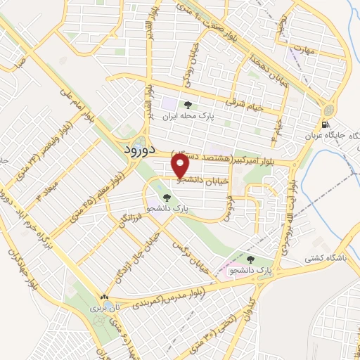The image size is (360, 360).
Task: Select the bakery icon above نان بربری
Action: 105,297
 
